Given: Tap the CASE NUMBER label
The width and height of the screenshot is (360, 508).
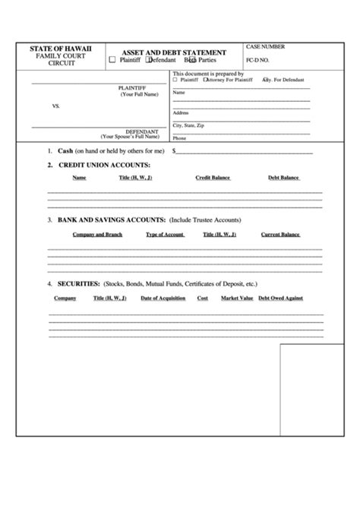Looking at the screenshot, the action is [x=265, y=47].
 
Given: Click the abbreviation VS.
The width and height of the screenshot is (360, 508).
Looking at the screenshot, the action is [x=55, y=107].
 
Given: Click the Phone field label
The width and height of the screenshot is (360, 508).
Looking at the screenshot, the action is [x=179, y=138].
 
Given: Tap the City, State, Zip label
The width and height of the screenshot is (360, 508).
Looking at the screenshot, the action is [x=189, y=125].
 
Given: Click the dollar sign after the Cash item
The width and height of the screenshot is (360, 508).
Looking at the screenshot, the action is [x=175, y=151].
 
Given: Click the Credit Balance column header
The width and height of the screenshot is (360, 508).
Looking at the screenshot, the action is [x=212, y=178].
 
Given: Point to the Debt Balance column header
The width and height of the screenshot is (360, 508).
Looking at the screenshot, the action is [x=283, y=178].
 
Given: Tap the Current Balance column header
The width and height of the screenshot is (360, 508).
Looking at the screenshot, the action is [x=280, y=235].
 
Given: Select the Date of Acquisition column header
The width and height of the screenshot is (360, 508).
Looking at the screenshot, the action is [x=163, y=298].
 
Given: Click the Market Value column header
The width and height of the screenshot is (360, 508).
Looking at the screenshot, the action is [x=237, y=298].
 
